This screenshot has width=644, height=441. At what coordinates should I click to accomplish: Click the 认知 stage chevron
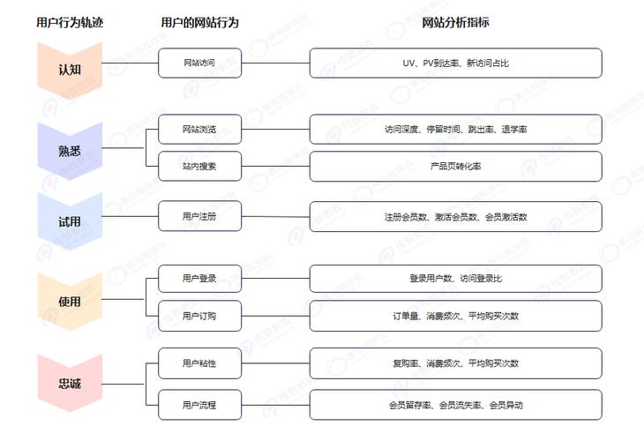coord(70,71)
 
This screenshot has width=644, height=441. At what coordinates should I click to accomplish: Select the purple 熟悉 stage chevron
coord(70,151)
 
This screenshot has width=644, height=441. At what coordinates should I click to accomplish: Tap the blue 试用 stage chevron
coord(70,221)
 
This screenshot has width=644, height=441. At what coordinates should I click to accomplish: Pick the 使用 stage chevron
coord(70,302)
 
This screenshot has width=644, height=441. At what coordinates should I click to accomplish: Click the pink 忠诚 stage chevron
coord(70,384)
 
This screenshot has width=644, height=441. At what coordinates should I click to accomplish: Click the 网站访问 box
coord(199,63)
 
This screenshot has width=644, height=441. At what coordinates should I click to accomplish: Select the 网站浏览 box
coord(199,130)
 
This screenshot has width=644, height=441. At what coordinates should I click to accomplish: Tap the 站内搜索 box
coord(199,167)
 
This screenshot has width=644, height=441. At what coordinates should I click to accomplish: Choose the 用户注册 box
coord(199,216)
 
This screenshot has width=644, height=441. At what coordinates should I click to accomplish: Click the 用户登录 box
coord(199,279)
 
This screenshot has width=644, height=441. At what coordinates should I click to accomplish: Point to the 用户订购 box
coord(199,316)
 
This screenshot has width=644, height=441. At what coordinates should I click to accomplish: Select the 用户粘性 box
coord(199,363)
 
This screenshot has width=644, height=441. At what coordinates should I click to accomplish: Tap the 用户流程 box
coord(199,405)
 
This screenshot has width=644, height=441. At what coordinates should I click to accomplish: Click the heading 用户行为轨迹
coord(70,22)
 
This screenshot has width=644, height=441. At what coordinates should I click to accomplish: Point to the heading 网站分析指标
coord(455,22)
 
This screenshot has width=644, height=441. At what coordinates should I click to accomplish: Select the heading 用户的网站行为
coord(199,22)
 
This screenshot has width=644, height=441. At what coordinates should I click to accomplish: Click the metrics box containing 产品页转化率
coord(455,167)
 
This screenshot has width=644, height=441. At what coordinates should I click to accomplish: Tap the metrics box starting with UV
coord(455,63)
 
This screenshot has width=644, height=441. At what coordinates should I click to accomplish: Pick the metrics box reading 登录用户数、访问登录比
coord(455,279)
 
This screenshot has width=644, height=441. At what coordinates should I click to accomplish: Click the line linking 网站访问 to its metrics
coord(275,64)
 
